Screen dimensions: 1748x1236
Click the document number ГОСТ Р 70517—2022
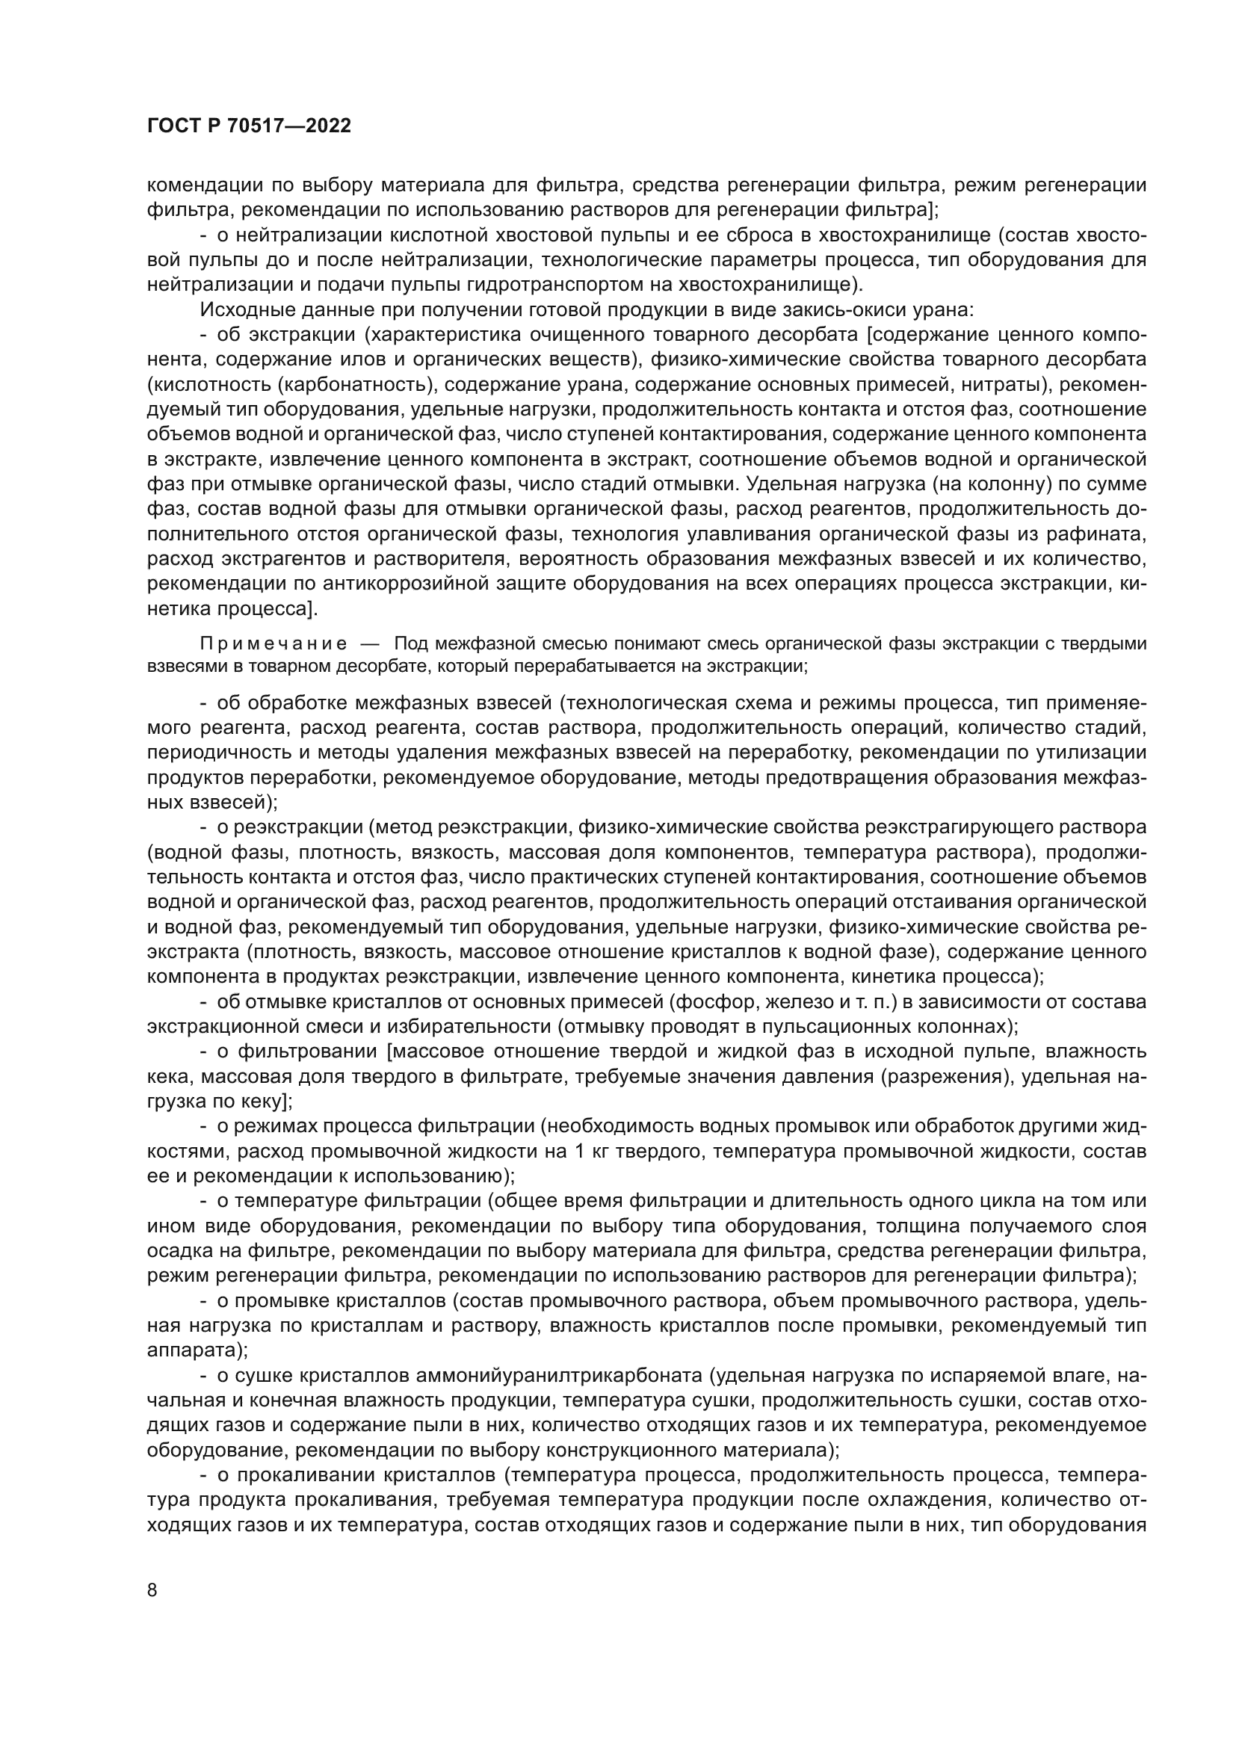coord(249,126)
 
